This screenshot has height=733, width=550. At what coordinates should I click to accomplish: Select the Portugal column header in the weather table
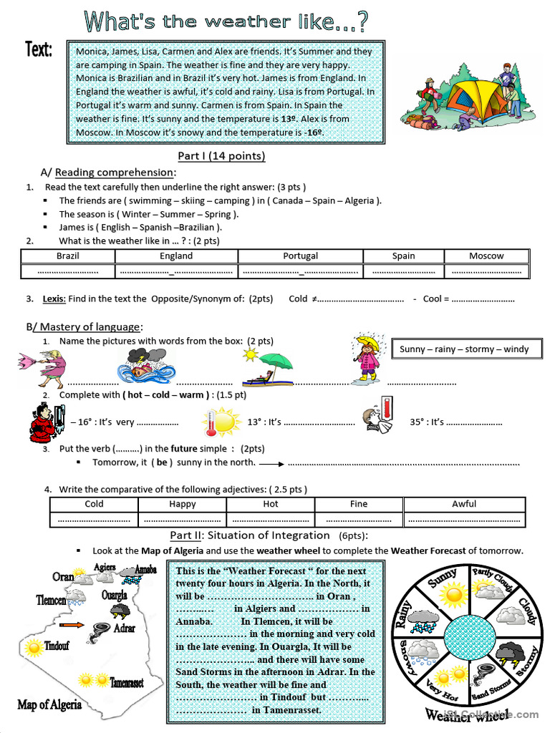300,256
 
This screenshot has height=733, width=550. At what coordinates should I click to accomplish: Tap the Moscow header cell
486,256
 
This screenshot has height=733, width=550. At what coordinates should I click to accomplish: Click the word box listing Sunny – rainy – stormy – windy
464,349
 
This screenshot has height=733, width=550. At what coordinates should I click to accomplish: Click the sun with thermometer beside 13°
221,422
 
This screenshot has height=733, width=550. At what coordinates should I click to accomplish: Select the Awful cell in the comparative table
463,504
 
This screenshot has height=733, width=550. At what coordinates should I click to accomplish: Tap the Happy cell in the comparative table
183,504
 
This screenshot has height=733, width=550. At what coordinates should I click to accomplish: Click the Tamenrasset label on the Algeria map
126,683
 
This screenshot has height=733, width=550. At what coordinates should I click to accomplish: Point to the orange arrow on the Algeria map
72,625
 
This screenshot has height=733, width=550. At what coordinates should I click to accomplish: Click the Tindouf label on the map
57,646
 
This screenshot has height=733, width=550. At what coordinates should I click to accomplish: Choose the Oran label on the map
63,577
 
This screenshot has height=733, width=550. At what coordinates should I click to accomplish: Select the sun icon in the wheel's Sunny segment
453,593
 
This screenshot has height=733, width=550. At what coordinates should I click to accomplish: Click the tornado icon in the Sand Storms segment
482,674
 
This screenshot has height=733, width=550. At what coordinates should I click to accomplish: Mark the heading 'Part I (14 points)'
221,156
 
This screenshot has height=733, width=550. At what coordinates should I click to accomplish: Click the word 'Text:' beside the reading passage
39,49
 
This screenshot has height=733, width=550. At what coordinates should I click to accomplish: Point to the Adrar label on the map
125,628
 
